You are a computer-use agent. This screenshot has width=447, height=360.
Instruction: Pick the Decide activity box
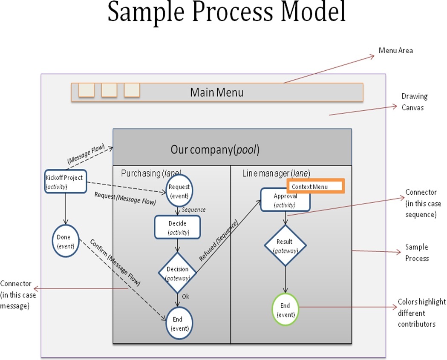point(177,227)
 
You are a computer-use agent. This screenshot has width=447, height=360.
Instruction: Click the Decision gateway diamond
point(177,272)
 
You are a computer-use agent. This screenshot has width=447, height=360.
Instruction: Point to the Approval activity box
point(285,200)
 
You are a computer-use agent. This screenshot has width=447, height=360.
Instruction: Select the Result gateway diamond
point(285,245)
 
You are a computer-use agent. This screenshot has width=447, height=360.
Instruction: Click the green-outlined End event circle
point(285,309)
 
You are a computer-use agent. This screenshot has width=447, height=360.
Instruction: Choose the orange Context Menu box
point(316,187)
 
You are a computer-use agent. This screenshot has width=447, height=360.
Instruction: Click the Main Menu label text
point(216,92)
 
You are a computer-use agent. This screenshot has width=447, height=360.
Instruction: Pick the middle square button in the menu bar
point(109,90)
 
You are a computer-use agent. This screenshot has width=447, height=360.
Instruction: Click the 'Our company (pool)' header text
point(215,150)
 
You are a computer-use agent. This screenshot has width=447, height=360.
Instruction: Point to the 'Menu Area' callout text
point(395,51)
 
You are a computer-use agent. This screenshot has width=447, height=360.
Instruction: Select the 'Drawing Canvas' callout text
point(414,102)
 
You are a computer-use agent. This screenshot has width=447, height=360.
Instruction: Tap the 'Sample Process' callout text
point(416,253)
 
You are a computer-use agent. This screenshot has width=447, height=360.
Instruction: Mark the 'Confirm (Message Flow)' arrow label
point(115,262)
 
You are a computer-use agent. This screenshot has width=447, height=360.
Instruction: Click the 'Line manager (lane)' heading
point(276,173)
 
